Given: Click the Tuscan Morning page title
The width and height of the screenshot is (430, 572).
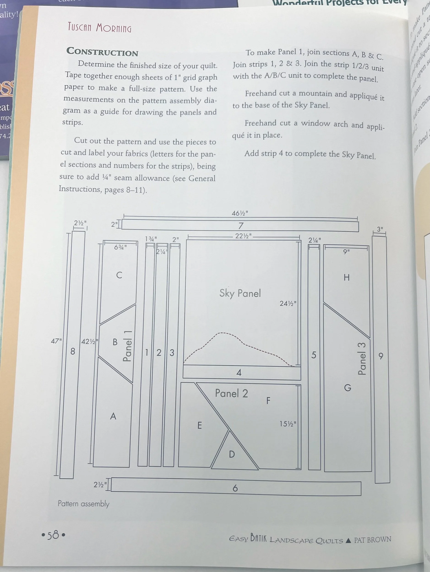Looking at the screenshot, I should tap(100, 27).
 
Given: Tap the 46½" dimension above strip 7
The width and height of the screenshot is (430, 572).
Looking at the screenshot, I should tap(239, 213).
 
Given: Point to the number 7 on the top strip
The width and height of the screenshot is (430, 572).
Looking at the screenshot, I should tap(241, 226).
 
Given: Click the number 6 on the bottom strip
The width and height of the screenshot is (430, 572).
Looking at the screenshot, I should tap(235, 488).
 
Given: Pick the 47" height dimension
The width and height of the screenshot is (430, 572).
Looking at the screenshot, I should tap(56, 341).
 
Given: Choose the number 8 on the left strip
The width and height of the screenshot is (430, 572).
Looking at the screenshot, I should tap(73, 351).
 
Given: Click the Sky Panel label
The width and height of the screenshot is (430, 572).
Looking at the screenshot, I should tap(240, 294).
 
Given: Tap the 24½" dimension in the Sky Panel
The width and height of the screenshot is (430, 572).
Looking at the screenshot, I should tap(288, 303).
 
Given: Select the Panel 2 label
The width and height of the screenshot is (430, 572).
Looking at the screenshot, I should tap(231, 393).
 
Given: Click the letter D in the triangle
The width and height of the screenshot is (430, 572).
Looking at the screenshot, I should tap(232, 454).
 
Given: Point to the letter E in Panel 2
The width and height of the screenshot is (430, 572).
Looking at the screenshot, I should tap(199, 425).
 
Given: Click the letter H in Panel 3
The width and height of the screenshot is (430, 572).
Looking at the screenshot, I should tap(346, 278).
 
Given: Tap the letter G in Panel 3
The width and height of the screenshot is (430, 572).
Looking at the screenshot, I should tap(348, 388).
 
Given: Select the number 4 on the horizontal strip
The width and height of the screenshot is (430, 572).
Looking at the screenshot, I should tap(239, 373).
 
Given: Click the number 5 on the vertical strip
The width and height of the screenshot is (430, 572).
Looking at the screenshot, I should tap(314, 355).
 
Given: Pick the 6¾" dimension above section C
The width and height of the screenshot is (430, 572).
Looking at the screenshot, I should tap(120, 247).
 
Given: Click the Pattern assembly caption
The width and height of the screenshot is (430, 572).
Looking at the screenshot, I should tap(83, 503).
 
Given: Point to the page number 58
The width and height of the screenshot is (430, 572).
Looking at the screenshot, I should tap(53, 535).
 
